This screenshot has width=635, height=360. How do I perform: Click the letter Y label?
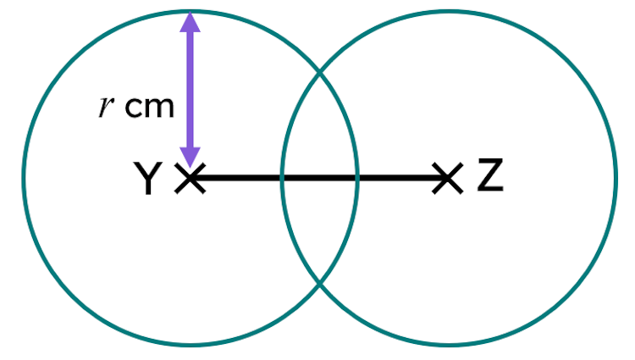(148, 178)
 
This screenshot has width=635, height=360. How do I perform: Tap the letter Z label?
(490, 175)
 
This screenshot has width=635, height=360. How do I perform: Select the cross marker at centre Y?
(190, 178)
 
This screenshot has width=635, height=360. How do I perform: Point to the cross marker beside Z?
(448, 178)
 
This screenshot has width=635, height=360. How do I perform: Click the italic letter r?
(106, 108)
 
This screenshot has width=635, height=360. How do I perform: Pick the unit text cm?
(149, 108)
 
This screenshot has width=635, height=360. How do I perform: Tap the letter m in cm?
(161, 108)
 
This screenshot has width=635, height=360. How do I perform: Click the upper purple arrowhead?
(190, 21)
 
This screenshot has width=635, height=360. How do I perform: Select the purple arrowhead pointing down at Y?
(190, 157)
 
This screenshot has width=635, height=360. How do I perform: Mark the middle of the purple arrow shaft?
(190, 90)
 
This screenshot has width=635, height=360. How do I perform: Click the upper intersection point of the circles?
(319, 73)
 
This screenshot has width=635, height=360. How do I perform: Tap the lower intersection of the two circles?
(319, 283)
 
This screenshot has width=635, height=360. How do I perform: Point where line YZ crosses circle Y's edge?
(356, 178)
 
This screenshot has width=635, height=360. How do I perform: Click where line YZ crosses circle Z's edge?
(282, 178)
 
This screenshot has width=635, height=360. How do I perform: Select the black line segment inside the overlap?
(319, 178)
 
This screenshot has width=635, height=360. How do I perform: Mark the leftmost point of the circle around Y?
(24, 178)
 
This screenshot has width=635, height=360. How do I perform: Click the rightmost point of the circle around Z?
(616, 178)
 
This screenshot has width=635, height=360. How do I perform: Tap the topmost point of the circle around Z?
(448, 12)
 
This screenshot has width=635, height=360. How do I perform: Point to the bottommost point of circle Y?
(190, 345)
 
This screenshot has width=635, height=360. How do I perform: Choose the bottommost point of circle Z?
(448, 345)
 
